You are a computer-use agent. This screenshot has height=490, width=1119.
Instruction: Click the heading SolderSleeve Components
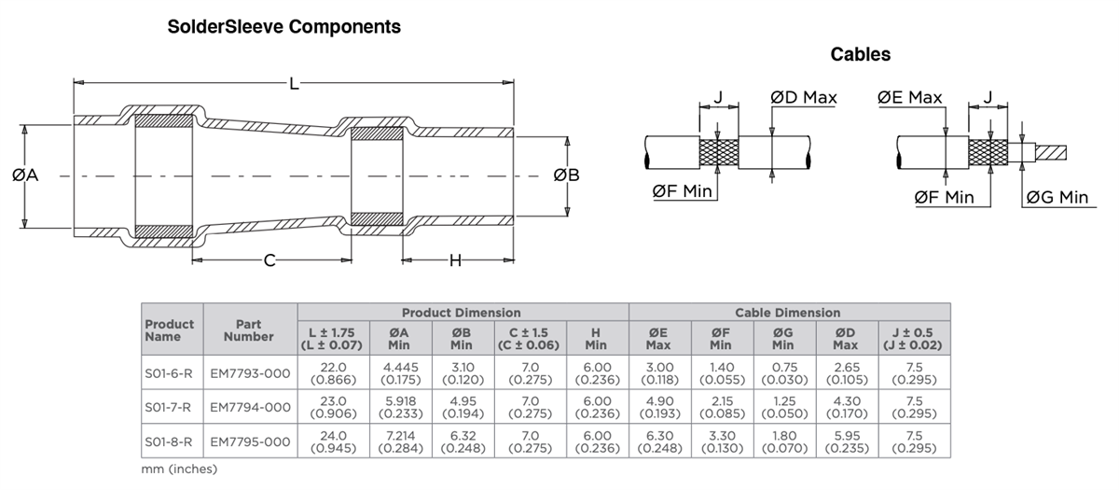click(283, 27)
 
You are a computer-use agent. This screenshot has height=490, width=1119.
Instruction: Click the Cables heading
click(860, 55)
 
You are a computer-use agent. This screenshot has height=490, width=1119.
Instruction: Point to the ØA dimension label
click(25, 175)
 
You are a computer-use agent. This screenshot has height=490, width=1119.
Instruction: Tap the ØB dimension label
click(566, 175)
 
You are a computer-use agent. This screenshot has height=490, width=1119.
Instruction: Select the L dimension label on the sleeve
click(294, 84)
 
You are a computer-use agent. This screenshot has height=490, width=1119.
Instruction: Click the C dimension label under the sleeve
click(269, 260)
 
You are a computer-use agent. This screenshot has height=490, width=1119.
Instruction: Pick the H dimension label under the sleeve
click(455, 260)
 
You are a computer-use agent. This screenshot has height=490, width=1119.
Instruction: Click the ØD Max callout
click(803, 97)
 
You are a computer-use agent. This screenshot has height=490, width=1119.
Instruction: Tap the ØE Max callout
click(909, 97)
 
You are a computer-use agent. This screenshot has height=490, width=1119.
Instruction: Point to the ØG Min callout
click(1057, 197)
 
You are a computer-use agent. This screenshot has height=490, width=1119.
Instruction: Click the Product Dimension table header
click(462, 313)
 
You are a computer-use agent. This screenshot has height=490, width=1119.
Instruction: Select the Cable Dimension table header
click(788, 313)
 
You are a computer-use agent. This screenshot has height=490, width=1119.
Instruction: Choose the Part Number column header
click(249, 329)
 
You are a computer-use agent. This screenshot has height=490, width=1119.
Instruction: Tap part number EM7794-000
click(249, 407)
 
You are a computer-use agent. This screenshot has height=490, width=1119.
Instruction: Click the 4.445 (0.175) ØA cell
click(398, 373)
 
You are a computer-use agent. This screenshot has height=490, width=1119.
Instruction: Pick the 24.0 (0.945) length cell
click(333, 441)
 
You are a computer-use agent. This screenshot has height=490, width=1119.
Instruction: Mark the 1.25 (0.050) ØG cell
click(783, 407)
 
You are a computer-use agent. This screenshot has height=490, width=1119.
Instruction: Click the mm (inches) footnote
click(179, 469)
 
